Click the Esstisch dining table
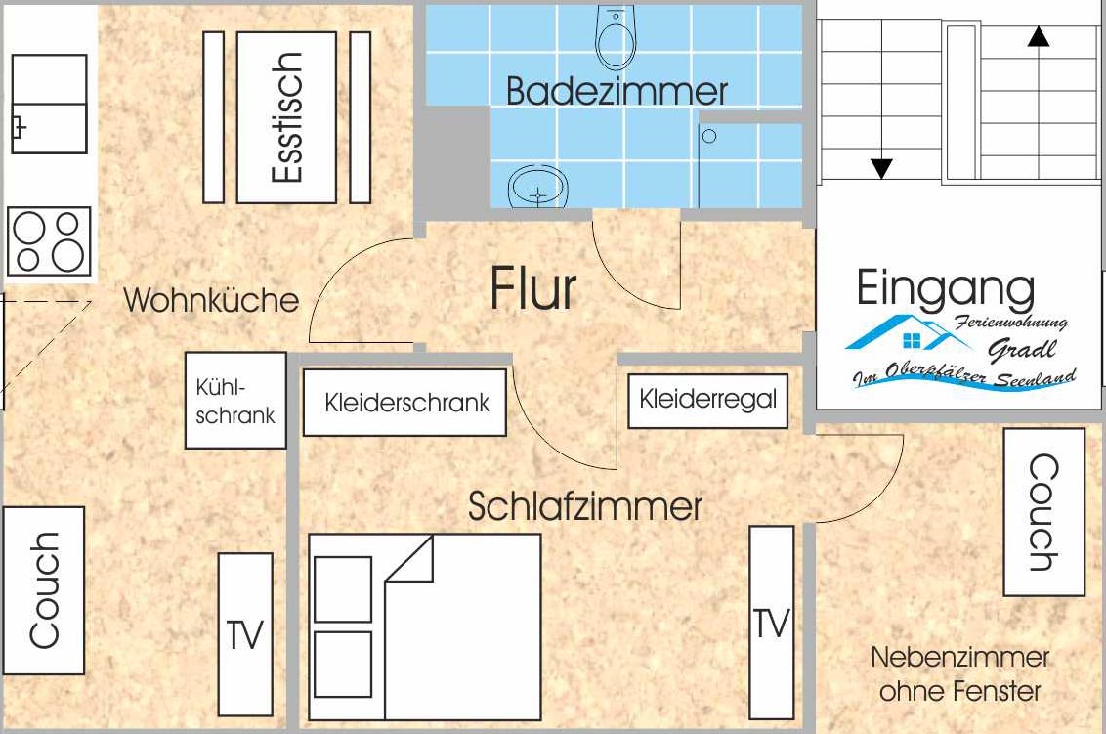tap(286, 117)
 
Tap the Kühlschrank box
tap(235, 401)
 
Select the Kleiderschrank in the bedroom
tap(404, 402)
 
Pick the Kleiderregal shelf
tap(707, 399)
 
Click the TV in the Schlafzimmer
tap(771, 622)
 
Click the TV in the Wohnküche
tap(244, 633)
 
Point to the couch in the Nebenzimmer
tap(1043, 511)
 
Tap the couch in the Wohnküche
tap(43, 589)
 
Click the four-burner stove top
tap(49, 240)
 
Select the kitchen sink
tap(49, 104)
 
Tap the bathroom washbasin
tap(538, 186)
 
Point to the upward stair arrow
tap(1039, 37)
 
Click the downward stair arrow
tap(881, 168)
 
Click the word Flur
tap(533, 289)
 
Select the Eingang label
tap(945, 289)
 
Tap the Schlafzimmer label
tap(585, 506)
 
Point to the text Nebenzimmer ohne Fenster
tap(959, 674)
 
